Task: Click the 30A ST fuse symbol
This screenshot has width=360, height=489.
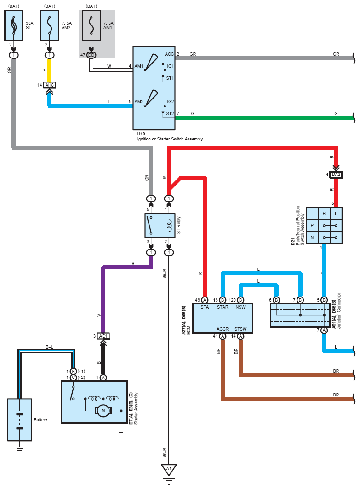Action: tap(14, 25)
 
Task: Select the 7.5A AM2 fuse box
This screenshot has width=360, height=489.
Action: tap(50, 25)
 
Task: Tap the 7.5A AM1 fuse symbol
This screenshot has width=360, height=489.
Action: tap(91, 25)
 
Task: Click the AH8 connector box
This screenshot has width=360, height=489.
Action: tap(50, 85)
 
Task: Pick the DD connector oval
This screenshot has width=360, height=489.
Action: tap(91, 55)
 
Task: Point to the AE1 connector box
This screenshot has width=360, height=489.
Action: tap(103, 336)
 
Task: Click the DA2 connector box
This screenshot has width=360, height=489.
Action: tap(336, 175)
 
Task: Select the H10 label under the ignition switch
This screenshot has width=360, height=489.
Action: tap(141, 134)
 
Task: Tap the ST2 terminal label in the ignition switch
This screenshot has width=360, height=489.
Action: tap(170, 114)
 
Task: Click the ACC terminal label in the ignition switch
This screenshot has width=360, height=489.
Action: tap(169, 54)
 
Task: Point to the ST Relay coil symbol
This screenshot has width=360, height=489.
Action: tap(169, 226)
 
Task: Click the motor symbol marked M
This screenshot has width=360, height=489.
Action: tap(103, 411)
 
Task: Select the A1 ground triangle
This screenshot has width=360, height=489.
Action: tap(169, 469)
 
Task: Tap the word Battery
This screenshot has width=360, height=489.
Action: tap(40, 420)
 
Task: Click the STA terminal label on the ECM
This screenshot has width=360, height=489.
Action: tap(205, 307)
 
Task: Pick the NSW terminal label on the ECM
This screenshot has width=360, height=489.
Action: tap(240, 307)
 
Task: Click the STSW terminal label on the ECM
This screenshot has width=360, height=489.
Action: tap(240, 329)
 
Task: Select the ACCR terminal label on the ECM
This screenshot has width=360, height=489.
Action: tap(223, 329)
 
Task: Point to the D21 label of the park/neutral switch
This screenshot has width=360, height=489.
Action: tap(293, 241)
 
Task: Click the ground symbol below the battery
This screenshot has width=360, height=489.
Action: tap(20, 449)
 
